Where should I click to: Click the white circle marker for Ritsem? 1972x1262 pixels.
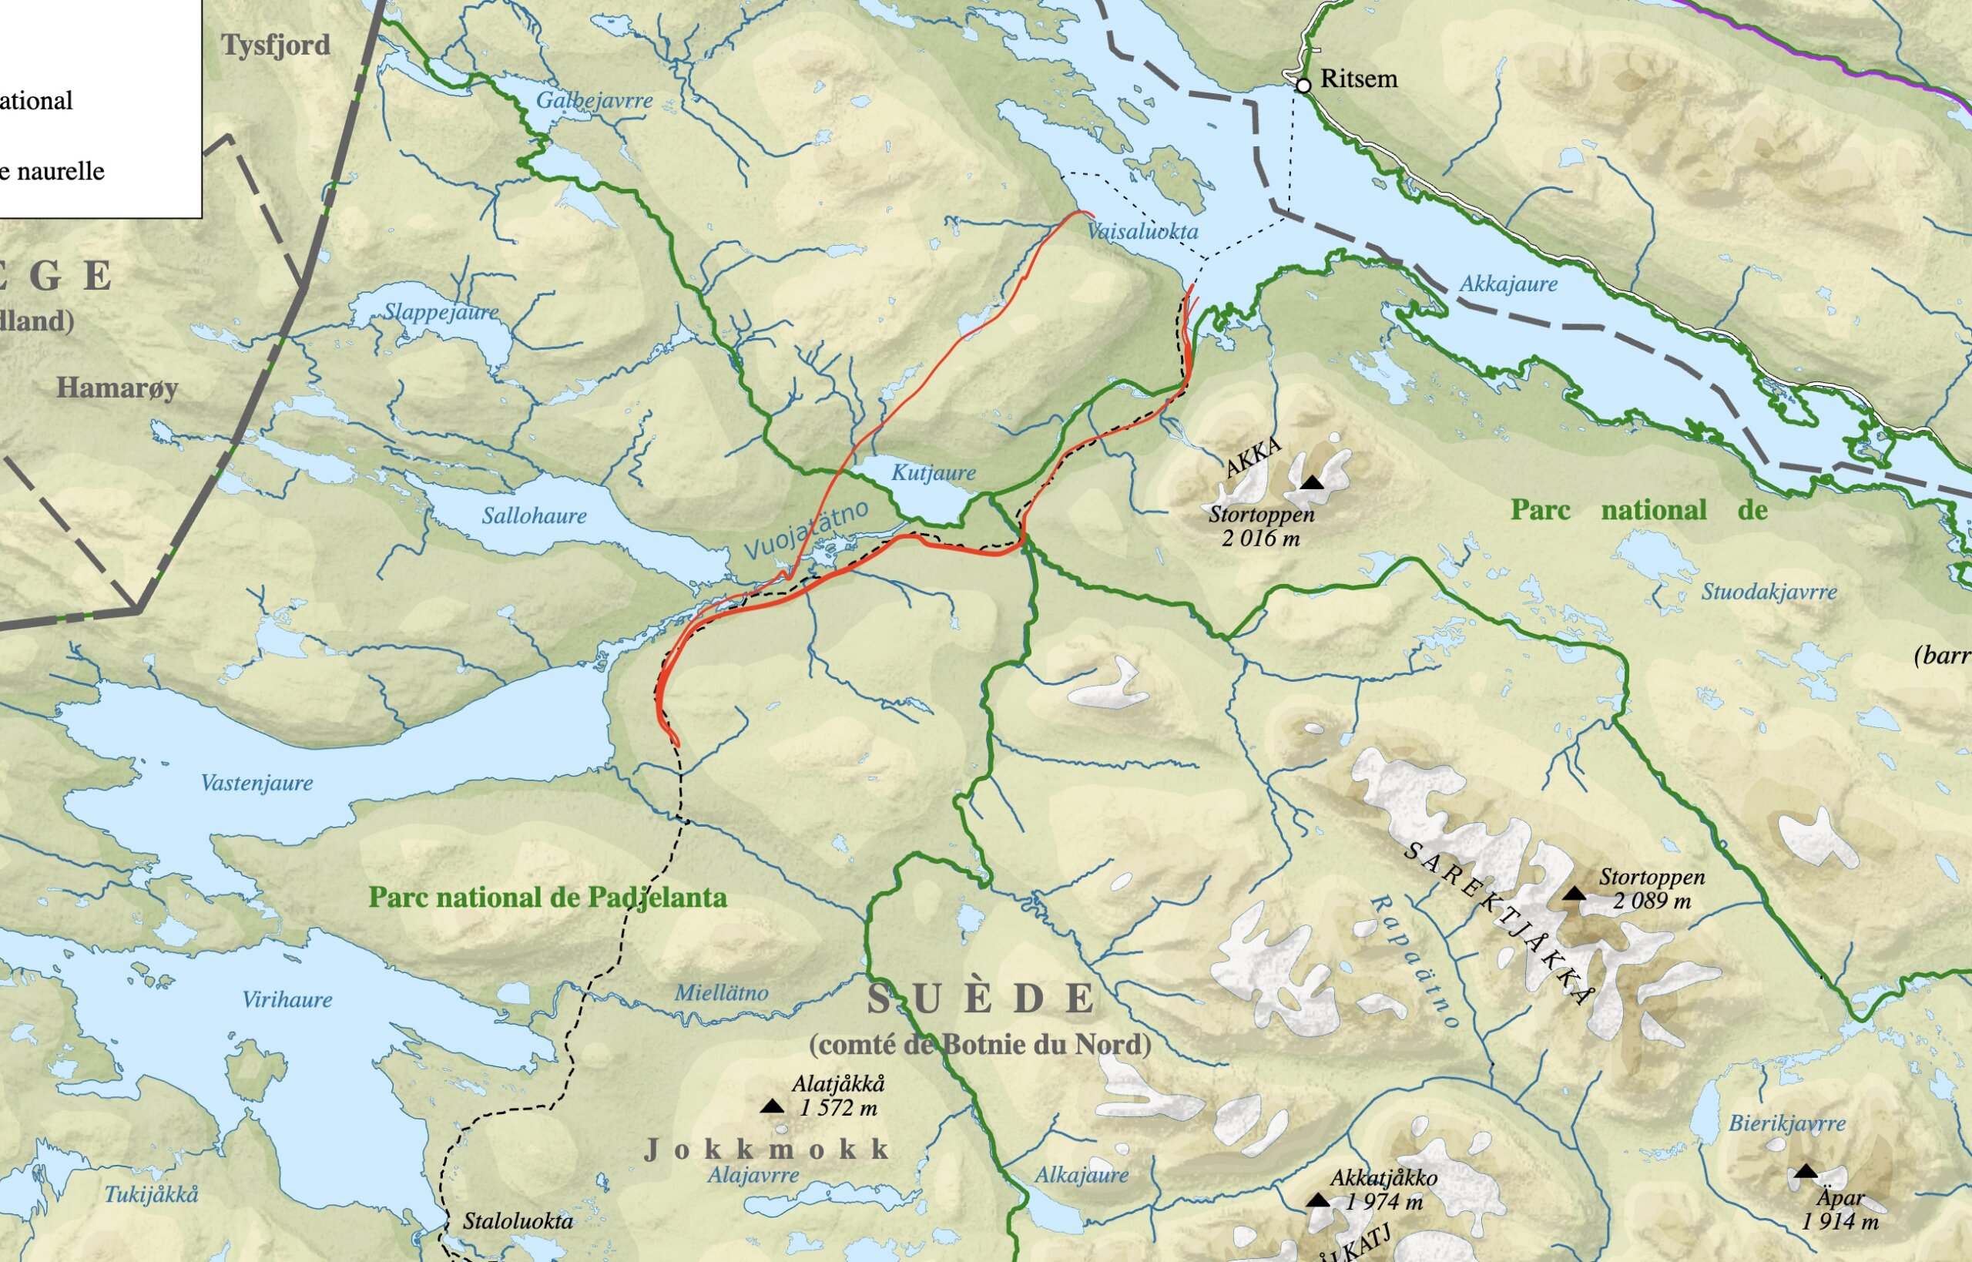point(1303,86)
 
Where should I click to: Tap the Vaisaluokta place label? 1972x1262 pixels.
point(1142,232)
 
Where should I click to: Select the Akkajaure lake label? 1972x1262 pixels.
point(1508,284)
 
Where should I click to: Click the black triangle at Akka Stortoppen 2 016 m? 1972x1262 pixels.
point(1312,482)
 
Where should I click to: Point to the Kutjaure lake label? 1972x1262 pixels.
point(933,473)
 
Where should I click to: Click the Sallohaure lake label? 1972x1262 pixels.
point(533,516)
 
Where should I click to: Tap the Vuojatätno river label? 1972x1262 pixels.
point(807,529)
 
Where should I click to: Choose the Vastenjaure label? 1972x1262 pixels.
point(257,784)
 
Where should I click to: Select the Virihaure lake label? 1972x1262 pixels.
point(287,1000)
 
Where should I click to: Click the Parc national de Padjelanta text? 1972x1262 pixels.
point(547,898)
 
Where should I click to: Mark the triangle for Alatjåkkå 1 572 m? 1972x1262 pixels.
point(772,1107)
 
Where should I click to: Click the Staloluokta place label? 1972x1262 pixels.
point(518,1221)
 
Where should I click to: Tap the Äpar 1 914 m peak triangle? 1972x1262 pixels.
point(1806,1172)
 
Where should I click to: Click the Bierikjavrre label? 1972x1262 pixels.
point(1787,1123)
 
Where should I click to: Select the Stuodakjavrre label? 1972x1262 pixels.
point(1769,592)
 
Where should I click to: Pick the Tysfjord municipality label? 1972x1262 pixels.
point(275,45)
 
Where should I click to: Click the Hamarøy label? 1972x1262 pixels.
point(117,388)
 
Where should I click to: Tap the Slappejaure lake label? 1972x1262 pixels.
point(441,312)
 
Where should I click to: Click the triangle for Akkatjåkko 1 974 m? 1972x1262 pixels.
point(1317,1200)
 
